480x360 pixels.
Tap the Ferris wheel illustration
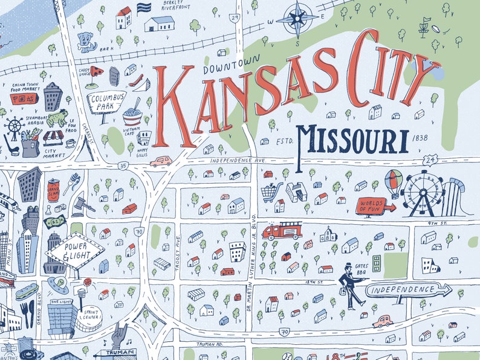[423, 193]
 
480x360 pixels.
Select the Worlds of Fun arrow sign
[375, 206]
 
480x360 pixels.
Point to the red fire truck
[282, 231]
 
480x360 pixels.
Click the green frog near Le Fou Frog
[59, 117]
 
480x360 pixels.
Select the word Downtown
[231, 66]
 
